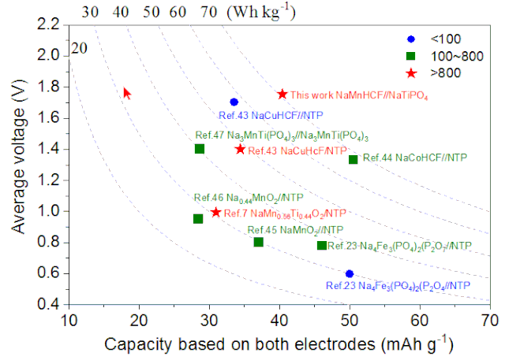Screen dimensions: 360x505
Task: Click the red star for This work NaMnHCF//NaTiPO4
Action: click(283, 94)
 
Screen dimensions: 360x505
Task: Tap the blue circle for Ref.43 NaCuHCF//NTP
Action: click(234, 102)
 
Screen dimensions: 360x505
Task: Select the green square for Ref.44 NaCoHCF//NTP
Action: click(353, 159)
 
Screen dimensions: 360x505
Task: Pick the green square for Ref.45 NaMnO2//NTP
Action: click(258, 242)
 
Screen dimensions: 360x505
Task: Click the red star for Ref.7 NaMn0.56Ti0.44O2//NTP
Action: click(215, 212)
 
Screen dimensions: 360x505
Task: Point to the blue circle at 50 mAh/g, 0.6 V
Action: click(350, 273)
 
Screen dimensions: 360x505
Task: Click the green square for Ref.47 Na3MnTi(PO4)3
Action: click(200, 149)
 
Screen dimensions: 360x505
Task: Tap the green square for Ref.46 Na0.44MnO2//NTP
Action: click(198, 218)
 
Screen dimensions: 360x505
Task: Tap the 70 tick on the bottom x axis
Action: click(490, 320)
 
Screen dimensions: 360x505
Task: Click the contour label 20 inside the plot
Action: click(79, 49)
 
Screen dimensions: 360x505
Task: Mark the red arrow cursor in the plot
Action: click(127, 93)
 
